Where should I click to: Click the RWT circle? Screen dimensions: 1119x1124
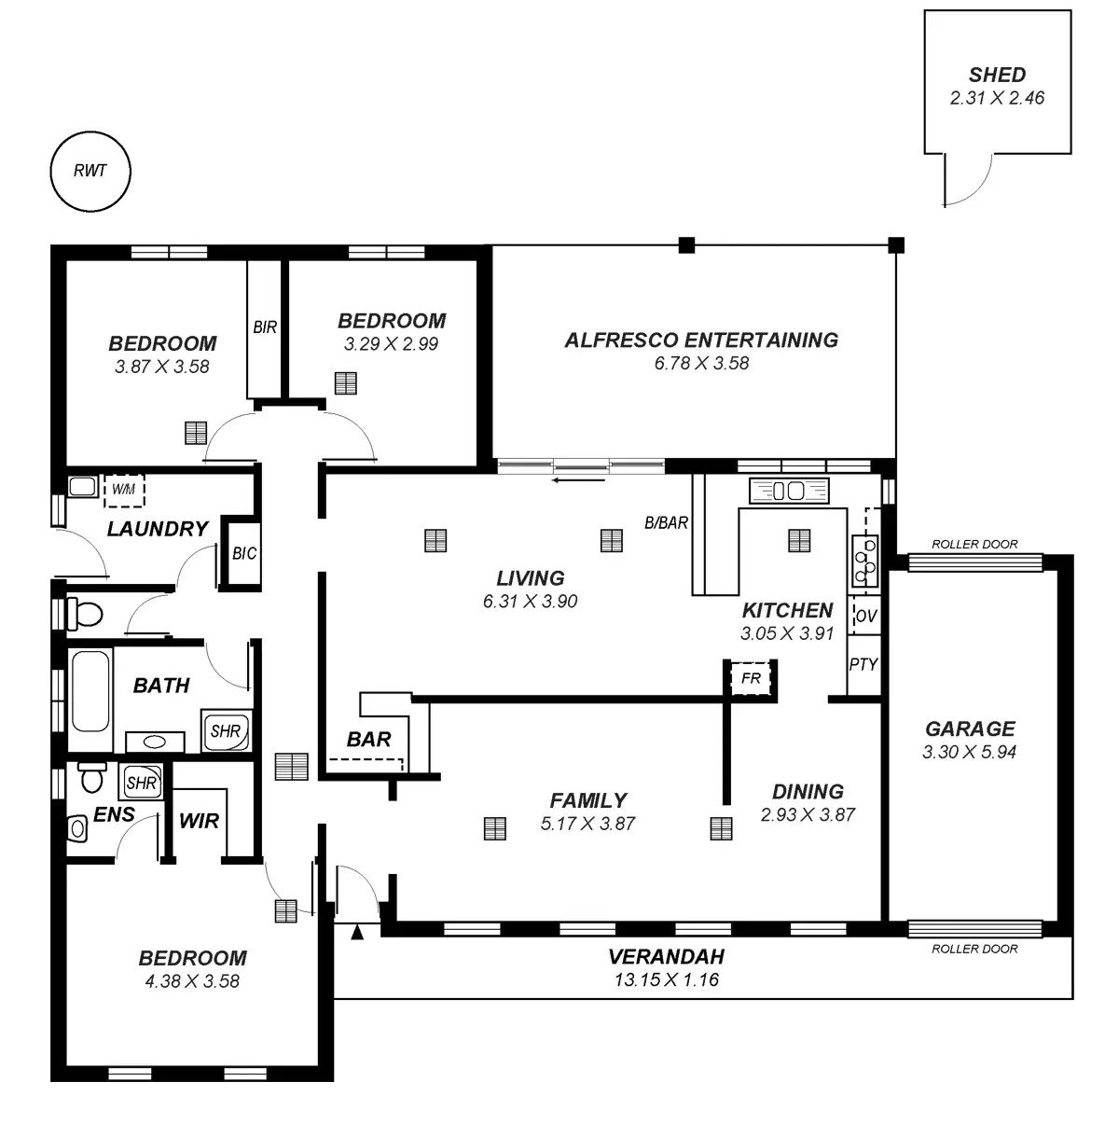click(90, 171)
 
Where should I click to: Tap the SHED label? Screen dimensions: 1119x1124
click(997, 75)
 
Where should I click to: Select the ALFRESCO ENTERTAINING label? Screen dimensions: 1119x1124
click(701, 340)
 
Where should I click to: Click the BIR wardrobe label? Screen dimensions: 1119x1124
click(265, 327)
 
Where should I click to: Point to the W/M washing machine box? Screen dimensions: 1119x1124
click(122, 489)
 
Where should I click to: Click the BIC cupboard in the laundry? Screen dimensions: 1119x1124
click(243, 553)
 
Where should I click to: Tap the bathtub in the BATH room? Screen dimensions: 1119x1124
click(90, 690)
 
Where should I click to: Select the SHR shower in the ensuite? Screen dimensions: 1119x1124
click(141, 783)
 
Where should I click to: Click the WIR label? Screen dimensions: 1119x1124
click(199, 821)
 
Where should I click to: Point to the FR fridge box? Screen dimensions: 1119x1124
click(751, 678)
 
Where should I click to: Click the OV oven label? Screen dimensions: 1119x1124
click(865, 616)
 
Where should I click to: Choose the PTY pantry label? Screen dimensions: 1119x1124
click(863, 664)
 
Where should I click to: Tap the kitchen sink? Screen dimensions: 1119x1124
click(789, 491)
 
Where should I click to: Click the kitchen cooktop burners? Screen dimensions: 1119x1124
click(864, 554)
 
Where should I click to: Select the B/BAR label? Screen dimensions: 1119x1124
click(666, 523)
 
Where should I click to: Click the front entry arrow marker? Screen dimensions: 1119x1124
click(356, 932)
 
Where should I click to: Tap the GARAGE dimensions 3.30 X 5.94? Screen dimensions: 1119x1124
click(969, 752)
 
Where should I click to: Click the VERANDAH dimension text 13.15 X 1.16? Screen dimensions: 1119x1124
click(666, 979)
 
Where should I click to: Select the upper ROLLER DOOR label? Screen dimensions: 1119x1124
click(974, 544)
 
